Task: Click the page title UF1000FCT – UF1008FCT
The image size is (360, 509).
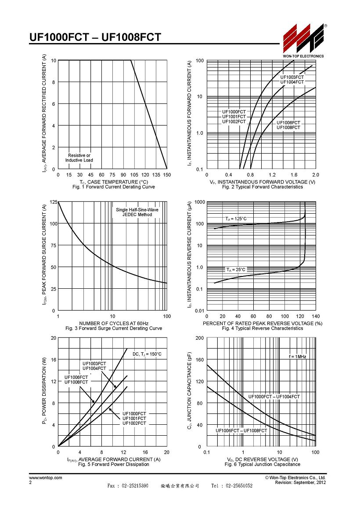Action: [95, 37]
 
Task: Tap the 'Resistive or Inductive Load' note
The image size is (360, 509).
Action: [79, 158]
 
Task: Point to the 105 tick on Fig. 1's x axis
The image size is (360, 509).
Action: [134, 175]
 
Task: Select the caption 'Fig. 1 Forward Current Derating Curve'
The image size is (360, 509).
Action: [114, 187]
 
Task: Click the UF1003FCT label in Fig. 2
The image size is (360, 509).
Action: [292, 77]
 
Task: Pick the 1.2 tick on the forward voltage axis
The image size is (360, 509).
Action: [272, 175]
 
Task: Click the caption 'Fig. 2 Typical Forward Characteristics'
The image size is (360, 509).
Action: [263, 187]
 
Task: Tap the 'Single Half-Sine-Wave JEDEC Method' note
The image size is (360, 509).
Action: [137, 212]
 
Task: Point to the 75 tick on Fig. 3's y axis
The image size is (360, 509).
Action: [54, 245]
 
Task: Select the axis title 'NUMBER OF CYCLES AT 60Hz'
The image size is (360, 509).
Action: [114, 323]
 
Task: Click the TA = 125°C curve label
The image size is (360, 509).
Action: [236, 219]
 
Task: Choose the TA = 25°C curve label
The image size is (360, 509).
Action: [236, 270]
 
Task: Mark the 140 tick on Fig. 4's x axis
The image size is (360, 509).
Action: [316, 316]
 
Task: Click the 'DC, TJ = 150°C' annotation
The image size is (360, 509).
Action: [147, 354]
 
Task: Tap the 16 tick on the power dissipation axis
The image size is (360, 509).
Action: [54, 360]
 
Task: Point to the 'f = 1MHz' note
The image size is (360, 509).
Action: [297, 356]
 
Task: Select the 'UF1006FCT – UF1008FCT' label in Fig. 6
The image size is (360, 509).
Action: [241, 430]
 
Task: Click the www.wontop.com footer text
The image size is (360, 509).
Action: [46, 477]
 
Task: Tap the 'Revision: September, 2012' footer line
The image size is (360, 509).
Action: [301, 483]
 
